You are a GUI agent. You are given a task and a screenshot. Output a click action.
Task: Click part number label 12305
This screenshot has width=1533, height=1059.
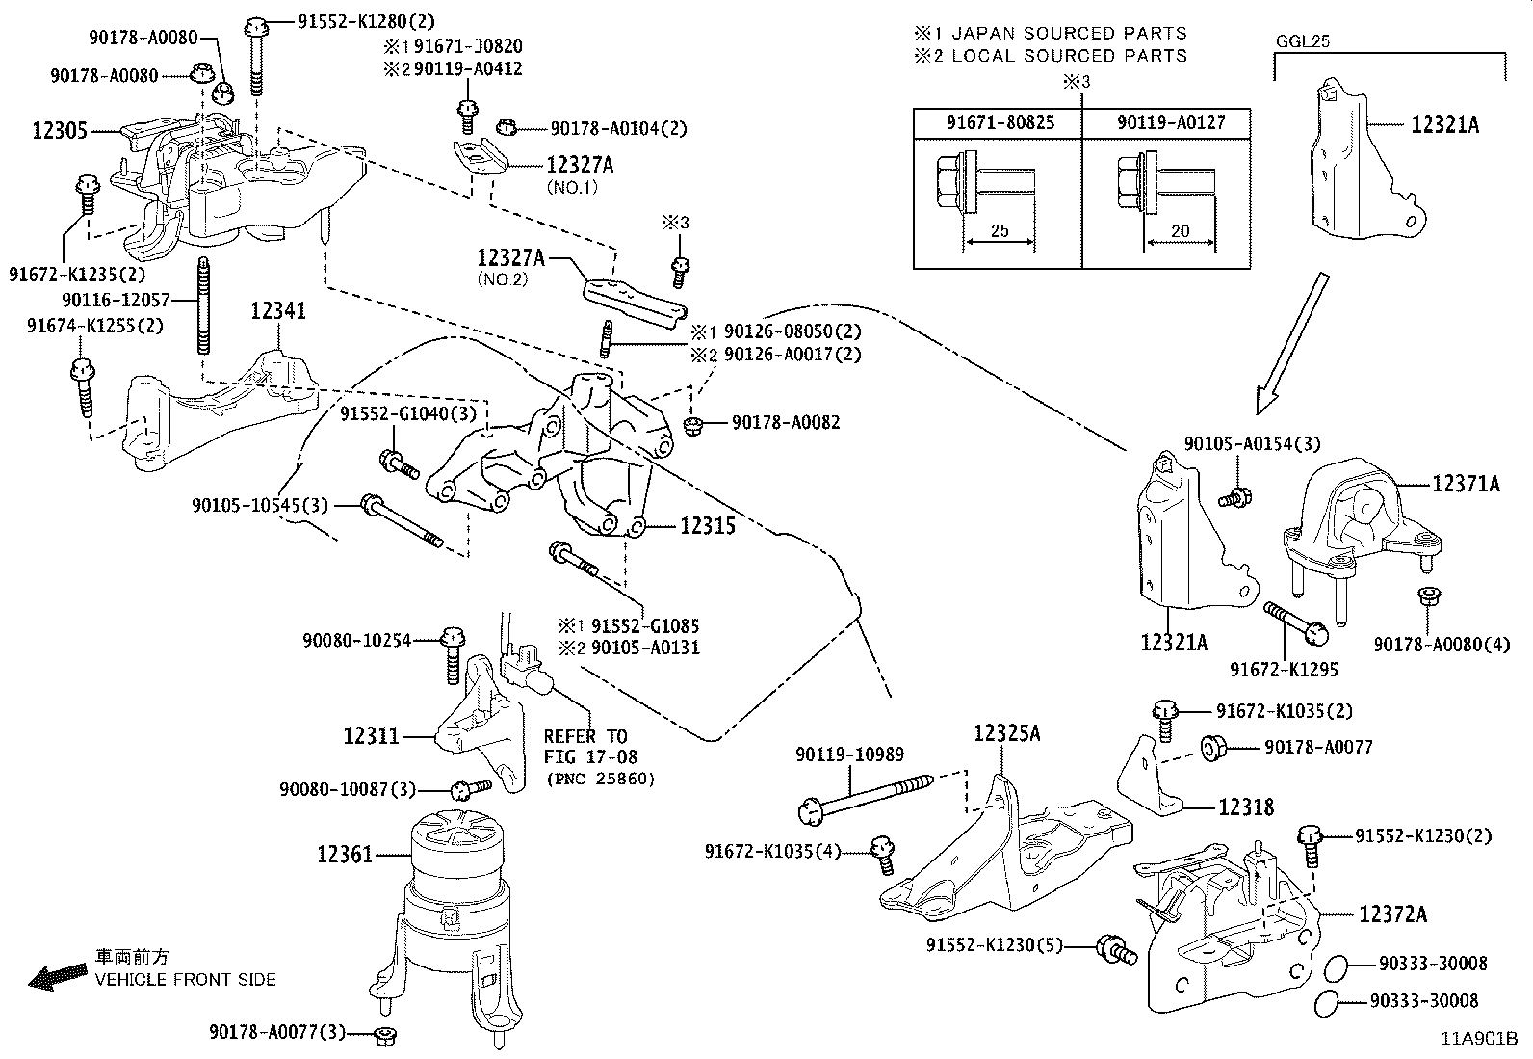pyautogui.click(x=60, y=130)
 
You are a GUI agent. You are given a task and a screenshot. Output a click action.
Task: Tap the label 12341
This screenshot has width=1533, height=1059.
pyautogui.click(x=278, y=311)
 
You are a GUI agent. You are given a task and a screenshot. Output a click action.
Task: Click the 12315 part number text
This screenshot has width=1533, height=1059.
pyautogui.click(x=708, y=526)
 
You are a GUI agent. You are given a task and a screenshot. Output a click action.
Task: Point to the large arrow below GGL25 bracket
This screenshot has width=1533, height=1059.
pyautogui.click(x=1290, y=338)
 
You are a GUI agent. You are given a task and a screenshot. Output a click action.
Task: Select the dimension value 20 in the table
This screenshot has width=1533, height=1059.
pyautogui.click(x=1180, y=231)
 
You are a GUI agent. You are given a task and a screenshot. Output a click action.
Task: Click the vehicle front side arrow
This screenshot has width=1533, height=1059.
pyautogui.click(x=58, y=979)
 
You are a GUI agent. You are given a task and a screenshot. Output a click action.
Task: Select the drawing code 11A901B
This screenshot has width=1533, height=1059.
pyautogui.click(x=1479, y=1040)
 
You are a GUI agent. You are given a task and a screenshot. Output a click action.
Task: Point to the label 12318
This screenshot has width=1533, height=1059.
pyautogui.click(x=1246, y=807)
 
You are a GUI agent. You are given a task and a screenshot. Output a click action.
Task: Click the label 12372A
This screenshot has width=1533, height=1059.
pyautogui.click(x=1392, y=913)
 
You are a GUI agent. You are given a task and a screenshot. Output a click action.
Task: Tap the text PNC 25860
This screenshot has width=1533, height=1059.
pyautogui.click(x=599, y=779)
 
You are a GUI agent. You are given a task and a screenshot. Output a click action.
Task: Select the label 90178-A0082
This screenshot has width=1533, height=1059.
pyautogui.click(x=785, y=422)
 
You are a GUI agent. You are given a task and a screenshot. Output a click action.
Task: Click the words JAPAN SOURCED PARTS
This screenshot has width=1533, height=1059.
pyautogui.click(x=1069, y=34)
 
